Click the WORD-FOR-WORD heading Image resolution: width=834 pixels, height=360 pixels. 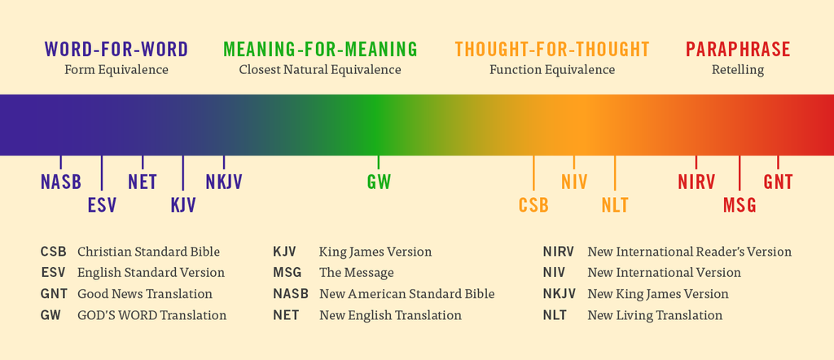pyautogui.click(x=116, y=49)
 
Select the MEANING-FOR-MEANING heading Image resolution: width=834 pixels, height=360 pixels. pyautogui.click(x=320, y=49)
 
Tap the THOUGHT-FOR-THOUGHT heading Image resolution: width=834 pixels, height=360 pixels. pyautogui.click(x=552, y=49)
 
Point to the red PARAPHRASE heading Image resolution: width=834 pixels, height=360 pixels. pyautogui.click(x=738, y=49)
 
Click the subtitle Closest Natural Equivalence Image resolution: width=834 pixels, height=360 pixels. pyautogui.click(x=320, y=70)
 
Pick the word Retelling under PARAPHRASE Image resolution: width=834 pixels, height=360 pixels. pyautogui.click(x=738, y=70)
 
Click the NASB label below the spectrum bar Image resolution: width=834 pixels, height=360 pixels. pyautogui.click(x=60, y=182)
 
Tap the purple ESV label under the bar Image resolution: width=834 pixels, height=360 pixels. pyautogui.click(x=102, y=204)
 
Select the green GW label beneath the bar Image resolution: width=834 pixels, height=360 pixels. pyautogui.click(x=379, y=182)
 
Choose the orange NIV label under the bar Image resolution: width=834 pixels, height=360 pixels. pyautogui.click(x=574, y=182)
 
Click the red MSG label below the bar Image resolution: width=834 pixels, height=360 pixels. pyautogui.click(x=740, y=204)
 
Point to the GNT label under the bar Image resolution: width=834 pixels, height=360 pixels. pyautogui.click(x=778, y=182)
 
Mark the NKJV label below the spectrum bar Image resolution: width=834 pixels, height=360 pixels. pyautogui.click(x=224, y=182)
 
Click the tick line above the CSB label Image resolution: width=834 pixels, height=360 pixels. pyautogui.click(x=533, y=173)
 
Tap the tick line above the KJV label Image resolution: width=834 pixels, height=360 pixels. pyautogui.click(x=183, y=173)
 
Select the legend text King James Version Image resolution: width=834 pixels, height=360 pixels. pyautogui.click(x=375, y=252)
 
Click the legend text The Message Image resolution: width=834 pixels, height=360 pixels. pyautogui.click(x=357, y=273)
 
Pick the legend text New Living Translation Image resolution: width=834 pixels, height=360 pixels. pyautogui.click(x=655, y=315)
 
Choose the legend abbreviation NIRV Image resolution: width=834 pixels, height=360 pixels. pyautogui.click(x=559, y=252)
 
